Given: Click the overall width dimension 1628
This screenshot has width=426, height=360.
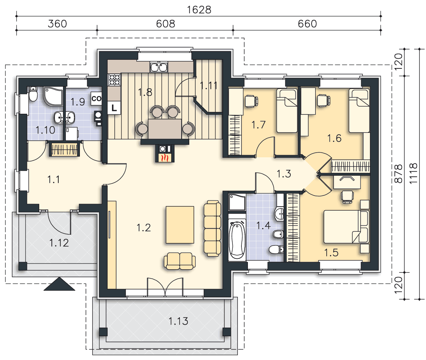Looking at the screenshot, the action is [199, 10].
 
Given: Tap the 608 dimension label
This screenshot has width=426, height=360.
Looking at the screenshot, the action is [166, 24].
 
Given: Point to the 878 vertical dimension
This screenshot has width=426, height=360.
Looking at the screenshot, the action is [399, 174].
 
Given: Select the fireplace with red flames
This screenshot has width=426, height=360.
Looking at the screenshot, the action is [165, 157].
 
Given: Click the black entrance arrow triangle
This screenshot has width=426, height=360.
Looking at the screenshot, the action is [59, 284].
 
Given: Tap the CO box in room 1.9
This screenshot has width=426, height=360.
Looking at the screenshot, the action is [96, 99].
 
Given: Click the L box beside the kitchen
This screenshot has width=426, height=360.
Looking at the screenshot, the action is [114, 108].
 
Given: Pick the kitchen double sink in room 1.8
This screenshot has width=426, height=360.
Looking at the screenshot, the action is [159, 67].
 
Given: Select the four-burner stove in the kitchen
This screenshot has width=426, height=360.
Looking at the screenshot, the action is [114, 80].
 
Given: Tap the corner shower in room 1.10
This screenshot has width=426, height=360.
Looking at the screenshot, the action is [53, 96].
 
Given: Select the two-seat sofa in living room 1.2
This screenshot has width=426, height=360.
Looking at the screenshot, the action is [180, 261].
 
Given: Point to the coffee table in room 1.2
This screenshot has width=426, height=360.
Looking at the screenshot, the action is [180, 225].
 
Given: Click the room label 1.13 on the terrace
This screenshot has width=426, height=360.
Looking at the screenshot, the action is [178, 321].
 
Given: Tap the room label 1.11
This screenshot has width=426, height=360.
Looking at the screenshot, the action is [209, 86].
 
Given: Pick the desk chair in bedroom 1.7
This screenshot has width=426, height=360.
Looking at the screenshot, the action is [251, 101].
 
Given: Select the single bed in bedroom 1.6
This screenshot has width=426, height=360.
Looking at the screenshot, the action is [359, 111].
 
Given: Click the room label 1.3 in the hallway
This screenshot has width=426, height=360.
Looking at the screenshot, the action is [284, 174].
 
